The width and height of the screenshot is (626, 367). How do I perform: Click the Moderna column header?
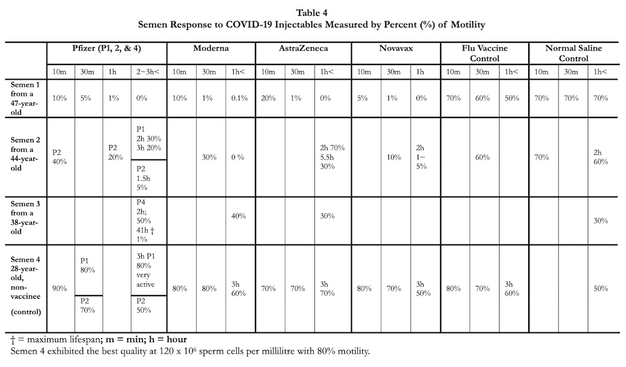coord(211,49)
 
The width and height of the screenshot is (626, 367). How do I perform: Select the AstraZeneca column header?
coord(303,49)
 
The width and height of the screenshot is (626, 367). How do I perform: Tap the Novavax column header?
coord(396,49)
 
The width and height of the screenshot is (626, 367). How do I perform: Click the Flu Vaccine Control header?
coord(485,53)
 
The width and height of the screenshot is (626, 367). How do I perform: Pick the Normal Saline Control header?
coord(574,53)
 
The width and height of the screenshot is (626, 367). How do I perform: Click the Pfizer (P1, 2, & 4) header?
coord(107,49)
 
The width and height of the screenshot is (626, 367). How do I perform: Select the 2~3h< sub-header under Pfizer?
coord(148,71)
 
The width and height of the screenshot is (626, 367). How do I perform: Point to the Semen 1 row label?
coord(25,98)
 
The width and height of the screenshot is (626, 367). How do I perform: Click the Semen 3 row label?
coord(25,218)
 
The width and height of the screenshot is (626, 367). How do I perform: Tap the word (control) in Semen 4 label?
coord(26,311)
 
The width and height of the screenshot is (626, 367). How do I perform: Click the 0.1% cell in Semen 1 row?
coord(240,98)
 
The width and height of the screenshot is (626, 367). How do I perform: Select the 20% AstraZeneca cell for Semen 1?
coord(268,98)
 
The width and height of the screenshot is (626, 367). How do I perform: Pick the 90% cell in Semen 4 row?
coord(59,288)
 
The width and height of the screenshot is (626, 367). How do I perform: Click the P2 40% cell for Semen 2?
coord(59,157)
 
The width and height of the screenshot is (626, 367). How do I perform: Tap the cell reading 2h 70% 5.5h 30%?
coord(332,157)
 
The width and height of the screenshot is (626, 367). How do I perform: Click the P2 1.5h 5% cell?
coord(143,178)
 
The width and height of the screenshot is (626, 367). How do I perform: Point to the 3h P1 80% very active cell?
coord(146,270)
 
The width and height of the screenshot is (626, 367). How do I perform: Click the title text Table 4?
coord(312,13)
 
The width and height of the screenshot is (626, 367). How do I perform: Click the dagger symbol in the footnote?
coord(13,340)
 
